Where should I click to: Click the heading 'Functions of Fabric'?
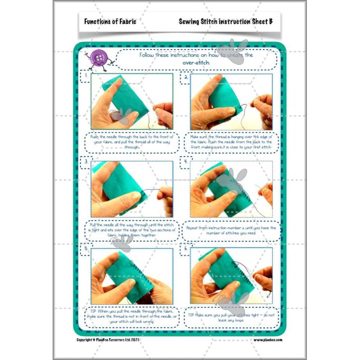(110, 21)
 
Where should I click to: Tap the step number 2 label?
(185, 76)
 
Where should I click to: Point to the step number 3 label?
(85, 161)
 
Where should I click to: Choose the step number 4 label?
(185, 161)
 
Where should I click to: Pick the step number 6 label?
(185, 248)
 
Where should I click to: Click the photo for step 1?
(132, 101)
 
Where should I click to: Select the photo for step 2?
(231, 101)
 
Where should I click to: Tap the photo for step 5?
(132, 276)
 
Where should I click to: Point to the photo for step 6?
(231, 276)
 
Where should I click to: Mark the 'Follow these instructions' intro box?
(196, 59)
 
